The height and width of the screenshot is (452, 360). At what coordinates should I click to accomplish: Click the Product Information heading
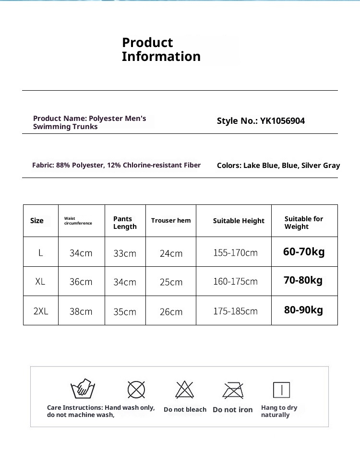(x=161, y=49)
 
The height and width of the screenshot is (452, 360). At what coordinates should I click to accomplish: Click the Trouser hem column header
(x=171, y=221)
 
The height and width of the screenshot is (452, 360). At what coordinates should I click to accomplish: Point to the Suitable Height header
(x=239, y=221)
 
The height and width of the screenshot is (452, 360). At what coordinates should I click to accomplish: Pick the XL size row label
(x=40, y=282)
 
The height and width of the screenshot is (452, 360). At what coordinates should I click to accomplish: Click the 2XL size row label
(x=41, y=311)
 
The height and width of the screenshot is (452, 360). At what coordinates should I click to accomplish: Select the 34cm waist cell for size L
(x=81, y=253)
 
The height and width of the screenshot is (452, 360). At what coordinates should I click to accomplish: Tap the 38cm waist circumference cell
(x=81, y=311)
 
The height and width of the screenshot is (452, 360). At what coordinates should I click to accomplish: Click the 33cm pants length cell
(x=125, y=253)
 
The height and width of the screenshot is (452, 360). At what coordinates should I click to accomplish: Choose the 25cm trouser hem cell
(x=171, y=282)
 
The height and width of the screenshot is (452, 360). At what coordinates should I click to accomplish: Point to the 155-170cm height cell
(x=235, y=253)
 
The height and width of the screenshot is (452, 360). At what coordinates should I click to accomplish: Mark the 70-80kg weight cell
(x=303, y=280)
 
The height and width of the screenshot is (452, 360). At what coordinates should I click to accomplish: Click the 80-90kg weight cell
(x=303, y=310)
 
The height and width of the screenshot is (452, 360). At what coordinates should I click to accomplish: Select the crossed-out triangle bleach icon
(x=184, y=390)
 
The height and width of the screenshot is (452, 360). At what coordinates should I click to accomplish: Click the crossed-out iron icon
(x=233, y=390)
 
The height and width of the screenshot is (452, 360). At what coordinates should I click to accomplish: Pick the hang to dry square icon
(x=281, y=390)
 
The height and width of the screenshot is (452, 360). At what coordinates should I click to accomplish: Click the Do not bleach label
(x=185, y=410)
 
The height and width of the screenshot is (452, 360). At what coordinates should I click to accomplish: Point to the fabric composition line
(x=116, y=165)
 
